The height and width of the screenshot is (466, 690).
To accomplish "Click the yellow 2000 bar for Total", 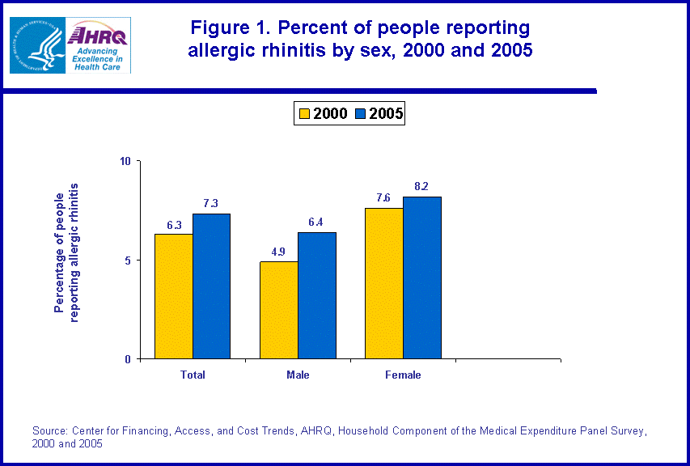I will click(x=174, y=296).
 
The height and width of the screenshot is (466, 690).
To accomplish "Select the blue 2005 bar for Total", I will click(x=211, y=286).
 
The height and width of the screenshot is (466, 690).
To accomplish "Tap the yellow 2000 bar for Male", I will click(x=278, y=310).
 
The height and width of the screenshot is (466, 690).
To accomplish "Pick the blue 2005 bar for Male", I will click(x=316, y=295).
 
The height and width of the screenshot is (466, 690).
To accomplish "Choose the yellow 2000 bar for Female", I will click(x=383, y=283).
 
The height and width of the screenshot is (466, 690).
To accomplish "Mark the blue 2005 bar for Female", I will click(x=421, y=277).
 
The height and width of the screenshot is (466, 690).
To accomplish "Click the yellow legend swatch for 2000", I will click(x=303, y=114).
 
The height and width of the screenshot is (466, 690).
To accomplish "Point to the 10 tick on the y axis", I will click(x=125, y=161).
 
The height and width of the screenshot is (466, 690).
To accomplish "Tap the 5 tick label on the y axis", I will click(x=128, y=261).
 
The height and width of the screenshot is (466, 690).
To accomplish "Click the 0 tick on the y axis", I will click(x=128, y=359).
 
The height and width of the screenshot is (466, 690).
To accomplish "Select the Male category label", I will click(x=298, y=375).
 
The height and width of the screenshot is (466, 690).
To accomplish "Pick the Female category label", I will click(x=403, y=375).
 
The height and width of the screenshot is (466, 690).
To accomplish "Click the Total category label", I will click(x=193, y=375).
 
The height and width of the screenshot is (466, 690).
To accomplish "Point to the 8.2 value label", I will click(x=421, y=187).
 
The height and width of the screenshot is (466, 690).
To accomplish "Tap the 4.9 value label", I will click(x=278, y=252).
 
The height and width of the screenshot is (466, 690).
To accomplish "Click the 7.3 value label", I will click(x=211, y=204).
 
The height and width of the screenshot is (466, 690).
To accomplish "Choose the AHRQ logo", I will click(x=99, y=45).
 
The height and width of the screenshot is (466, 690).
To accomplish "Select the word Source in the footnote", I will click(x=49, y=431).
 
